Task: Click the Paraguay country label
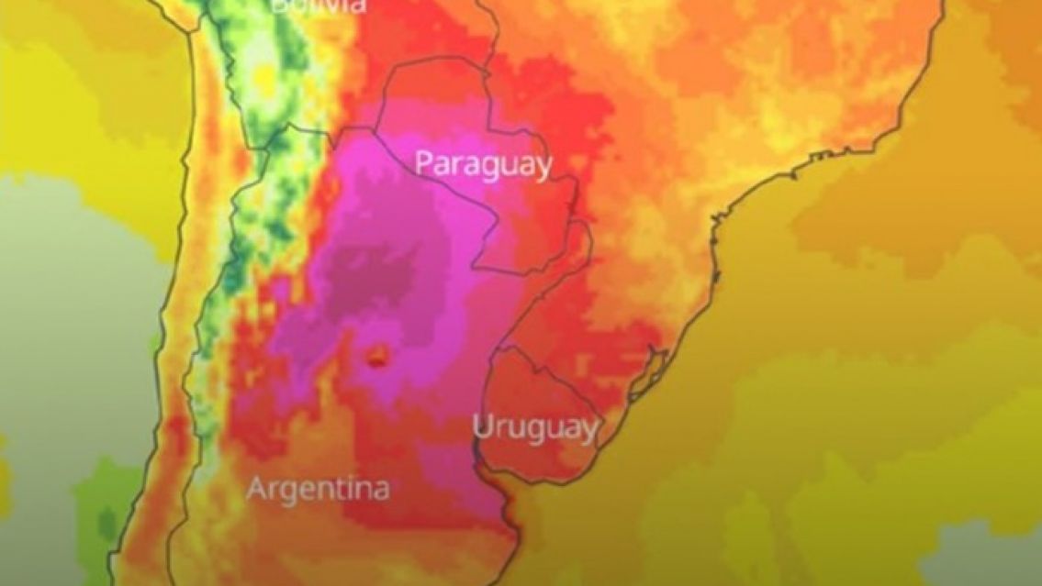[484, 165]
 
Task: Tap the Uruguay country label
[535, 427]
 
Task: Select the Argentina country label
[318, 488]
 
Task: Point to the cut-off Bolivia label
[318, 6]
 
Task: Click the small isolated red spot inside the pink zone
[376, 358]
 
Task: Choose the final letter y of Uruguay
[588, 431]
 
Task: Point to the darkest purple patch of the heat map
[367, 275]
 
